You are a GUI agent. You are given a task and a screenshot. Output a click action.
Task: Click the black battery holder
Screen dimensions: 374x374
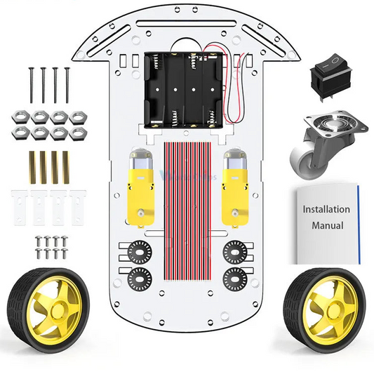point(185,91)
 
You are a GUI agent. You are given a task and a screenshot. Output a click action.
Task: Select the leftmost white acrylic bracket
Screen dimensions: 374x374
point(20,203)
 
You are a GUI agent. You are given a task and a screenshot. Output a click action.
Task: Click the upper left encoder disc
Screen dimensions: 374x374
point(135,251)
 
